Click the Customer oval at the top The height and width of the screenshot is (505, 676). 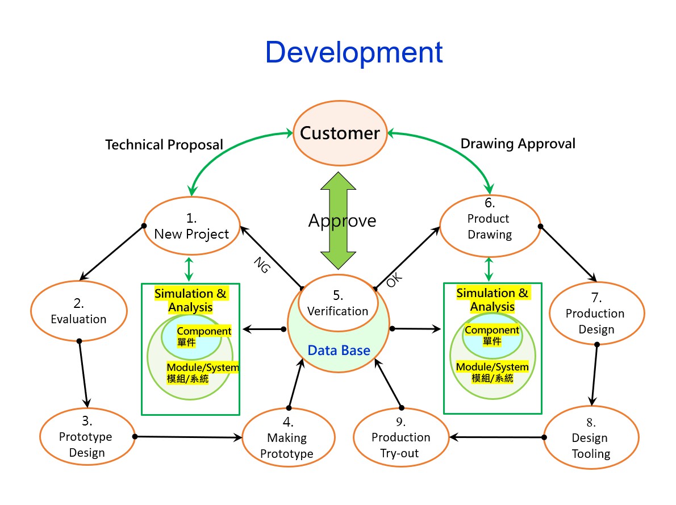(340, 133)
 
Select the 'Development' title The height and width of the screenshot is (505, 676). (353, 52)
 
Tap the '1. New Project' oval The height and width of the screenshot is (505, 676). (191, 226)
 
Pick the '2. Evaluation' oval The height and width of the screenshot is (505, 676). (78, 312)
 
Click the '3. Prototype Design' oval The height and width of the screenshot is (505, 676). (86, 437)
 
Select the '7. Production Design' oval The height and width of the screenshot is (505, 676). (596, 314)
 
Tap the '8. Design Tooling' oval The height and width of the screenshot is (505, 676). (590, 438)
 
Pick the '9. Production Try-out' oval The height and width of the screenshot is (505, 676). (400, 438)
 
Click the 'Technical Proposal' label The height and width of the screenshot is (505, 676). (164, 145)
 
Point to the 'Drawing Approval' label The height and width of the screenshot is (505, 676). (518, 144)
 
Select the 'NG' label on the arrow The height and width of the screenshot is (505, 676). (261, 265)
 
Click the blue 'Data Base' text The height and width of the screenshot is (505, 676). (339, 350)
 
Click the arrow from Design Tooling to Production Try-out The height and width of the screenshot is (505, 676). (497, 437)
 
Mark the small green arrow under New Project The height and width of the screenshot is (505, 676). (189, 268)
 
